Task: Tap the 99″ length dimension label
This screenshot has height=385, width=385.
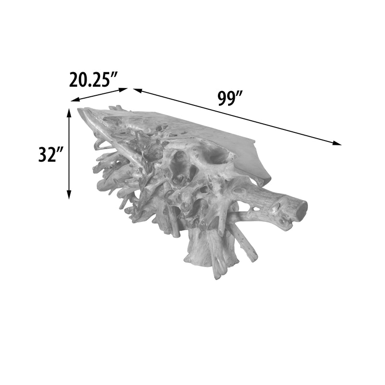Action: [231, 99]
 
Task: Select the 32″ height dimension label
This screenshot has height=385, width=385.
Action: [51, 154]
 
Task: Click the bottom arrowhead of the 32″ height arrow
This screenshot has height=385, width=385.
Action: [69, 194]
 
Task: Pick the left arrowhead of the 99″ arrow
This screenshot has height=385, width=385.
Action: [138, 90]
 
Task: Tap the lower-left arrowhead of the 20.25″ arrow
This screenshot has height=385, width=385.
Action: [75, 100]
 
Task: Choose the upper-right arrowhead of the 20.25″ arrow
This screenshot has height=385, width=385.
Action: [124, 90]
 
